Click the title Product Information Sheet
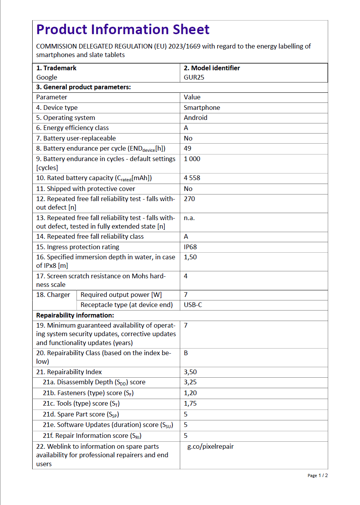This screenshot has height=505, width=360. coord(123,30)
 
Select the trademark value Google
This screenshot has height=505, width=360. coord(47,77)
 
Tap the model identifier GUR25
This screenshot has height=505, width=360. coord(194,77)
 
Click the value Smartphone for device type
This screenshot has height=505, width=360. coord(202,108)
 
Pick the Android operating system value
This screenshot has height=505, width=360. coord(195,118)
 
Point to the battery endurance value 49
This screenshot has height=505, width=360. coord(188,148)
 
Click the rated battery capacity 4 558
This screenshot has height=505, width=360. coord(192,178)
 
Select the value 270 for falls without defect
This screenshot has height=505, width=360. coord(189,199)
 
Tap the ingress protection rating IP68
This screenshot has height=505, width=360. coord(190,247)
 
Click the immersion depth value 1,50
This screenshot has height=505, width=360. coord(190,257)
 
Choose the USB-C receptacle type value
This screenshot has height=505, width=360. coord(193,305)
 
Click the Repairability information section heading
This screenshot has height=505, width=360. coord(75,315)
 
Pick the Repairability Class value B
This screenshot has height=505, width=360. coord(186,353)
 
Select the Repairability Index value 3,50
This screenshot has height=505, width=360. coord(190,372)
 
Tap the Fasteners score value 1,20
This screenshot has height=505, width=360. coord(190,393)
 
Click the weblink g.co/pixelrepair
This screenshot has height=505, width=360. coord(210,446)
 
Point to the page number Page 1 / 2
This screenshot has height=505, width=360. coord(317,475)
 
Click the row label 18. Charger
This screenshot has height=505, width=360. coord(53,295)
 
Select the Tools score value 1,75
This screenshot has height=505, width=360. coord(190,403)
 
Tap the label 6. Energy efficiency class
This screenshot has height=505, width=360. coord(72,128)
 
